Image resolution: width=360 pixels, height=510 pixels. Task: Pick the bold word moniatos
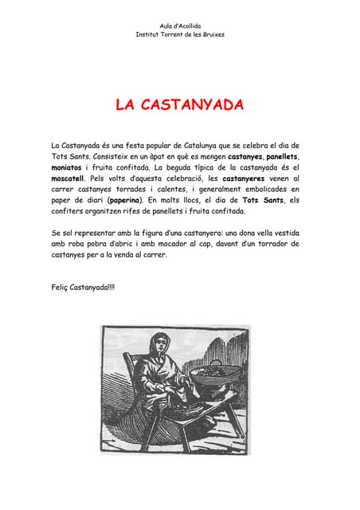[68, 168]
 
